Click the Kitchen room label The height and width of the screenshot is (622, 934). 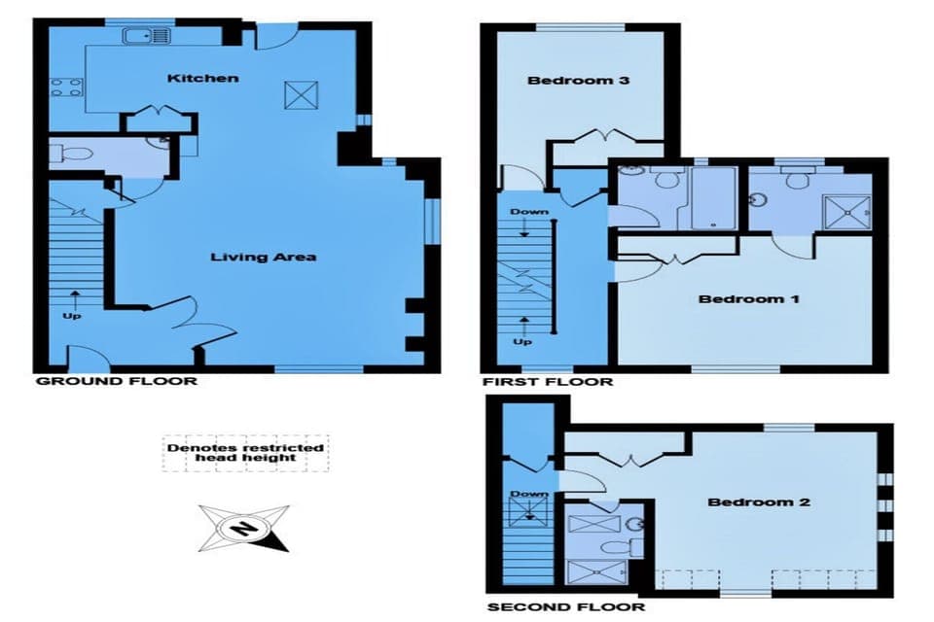tap(202, 78)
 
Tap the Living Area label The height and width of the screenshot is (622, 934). tap(264, 257)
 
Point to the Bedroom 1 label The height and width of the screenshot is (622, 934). tap(748, 298)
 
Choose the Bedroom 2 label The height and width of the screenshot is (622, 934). tap(758, 501)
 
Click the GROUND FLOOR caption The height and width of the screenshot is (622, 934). tap(116, 381)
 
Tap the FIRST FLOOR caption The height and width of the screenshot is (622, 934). tap(548, 382)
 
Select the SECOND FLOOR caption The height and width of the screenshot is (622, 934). tap(565, 607)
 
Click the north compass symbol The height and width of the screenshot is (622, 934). tap(243, 528)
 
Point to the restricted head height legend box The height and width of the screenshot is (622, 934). tap(245, 452)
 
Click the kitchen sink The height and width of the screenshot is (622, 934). tap(147, 36)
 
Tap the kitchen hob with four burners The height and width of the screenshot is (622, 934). tap(65, 89)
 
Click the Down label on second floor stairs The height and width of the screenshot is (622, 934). tap(529, 495)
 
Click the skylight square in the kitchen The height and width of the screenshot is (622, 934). tap(298, 95)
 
